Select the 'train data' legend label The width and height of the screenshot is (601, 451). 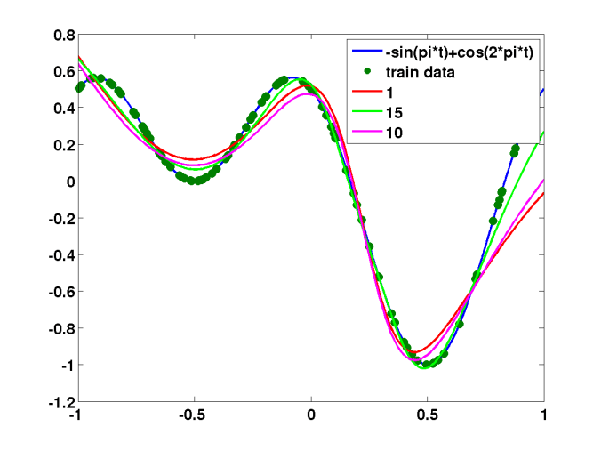coord(421,72)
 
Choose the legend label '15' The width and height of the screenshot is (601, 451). coord(394,113)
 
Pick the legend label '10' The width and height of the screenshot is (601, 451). coord(394,133)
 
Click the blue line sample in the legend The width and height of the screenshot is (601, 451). coord(365,52)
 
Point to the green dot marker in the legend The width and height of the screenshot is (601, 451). coord(365,72)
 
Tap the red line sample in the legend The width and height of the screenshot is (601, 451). coord(365,93)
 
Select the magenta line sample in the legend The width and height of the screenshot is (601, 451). coord(365,133)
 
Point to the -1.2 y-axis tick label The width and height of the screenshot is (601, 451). coord(60,402)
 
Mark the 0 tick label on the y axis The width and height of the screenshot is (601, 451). coord(68,181)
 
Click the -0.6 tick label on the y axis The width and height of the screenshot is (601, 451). coord(60,292)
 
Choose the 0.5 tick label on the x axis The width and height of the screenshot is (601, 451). coord(428,416)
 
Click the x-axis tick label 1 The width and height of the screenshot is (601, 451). coord(544,416)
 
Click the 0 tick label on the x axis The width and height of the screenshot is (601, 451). coord(311,416)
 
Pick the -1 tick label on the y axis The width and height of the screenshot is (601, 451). coord(64,366)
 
